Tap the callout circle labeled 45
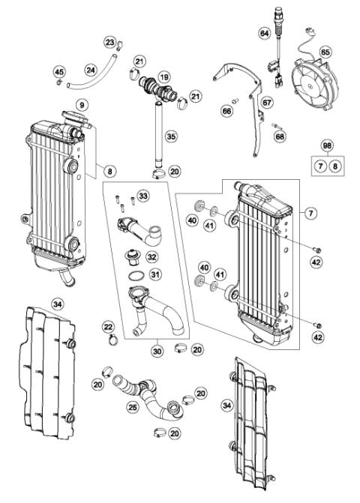click(59, 71)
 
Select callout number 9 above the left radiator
click(82, 103)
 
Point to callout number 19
click(163, 76)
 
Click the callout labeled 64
click(264, 34)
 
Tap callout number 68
click(280, 137)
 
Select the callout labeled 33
click(143, 196)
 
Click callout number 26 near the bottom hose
click(133, 409)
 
